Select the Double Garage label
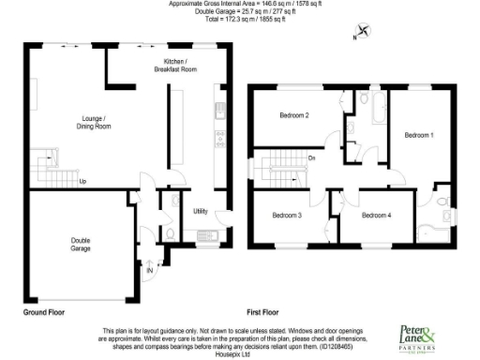coord(80,244)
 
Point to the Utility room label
coord(200,212)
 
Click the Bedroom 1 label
coord(418,135)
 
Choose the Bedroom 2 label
coord(294,115)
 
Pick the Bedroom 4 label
coord(377,216)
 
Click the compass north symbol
coord(358,36)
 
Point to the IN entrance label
coord(149,271)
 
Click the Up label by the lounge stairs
coord(82,181)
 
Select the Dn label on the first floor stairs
coord(311,157)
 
